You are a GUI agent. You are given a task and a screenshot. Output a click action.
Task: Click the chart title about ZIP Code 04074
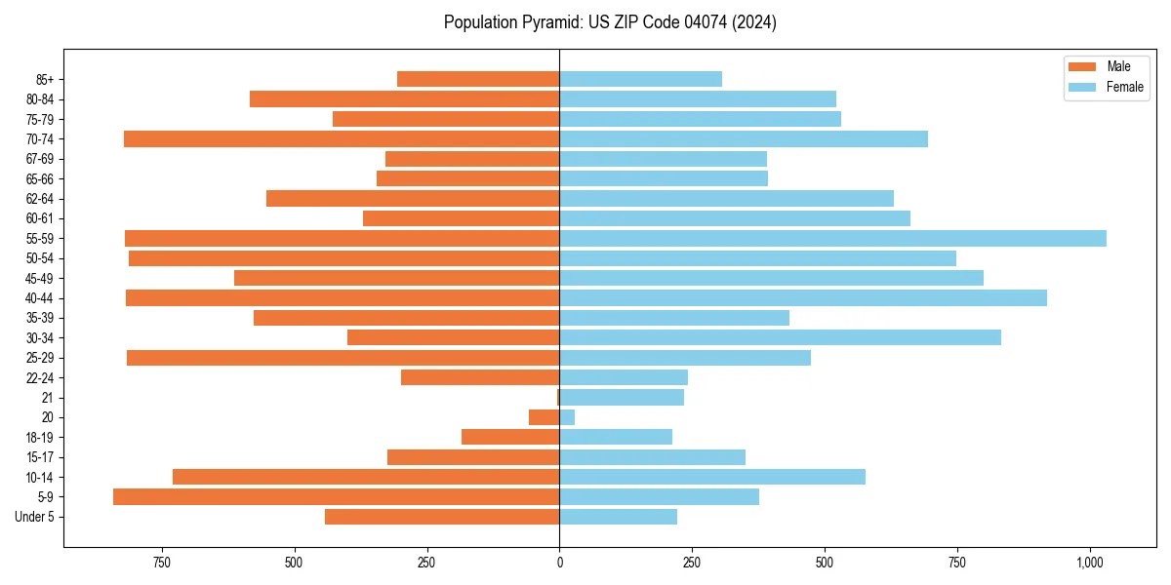[x=610, y=22]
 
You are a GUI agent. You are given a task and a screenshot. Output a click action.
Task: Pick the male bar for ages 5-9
[x=336, y=497]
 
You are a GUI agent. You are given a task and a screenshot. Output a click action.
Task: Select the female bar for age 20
[x=567, y=417]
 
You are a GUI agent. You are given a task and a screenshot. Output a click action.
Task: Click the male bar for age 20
[x=544, y=417]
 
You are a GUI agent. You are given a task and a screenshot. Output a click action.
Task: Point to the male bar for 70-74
[x=342, y=139]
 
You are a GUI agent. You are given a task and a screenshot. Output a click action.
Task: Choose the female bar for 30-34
[x=780, y=337]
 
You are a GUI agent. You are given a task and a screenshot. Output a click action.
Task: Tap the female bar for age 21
[x=622, y=398]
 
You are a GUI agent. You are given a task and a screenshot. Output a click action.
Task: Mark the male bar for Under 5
[x=442, y=517]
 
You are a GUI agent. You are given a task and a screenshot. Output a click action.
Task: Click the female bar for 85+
[x=640, y=79]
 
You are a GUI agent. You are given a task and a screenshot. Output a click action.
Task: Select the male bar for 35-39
[x=406, y=318]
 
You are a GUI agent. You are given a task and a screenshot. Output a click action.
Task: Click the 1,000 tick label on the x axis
[x=1090, y=563]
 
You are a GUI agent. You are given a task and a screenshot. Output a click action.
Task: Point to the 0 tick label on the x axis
[x=559, y=563]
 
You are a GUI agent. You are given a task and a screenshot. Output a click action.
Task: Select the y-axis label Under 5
[x=35, y=517]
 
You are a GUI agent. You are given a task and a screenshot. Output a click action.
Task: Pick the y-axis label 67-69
[x=40, y=159]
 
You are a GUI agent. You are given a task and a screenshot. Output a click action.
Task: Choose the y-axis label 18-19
[x=40, y=438]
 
